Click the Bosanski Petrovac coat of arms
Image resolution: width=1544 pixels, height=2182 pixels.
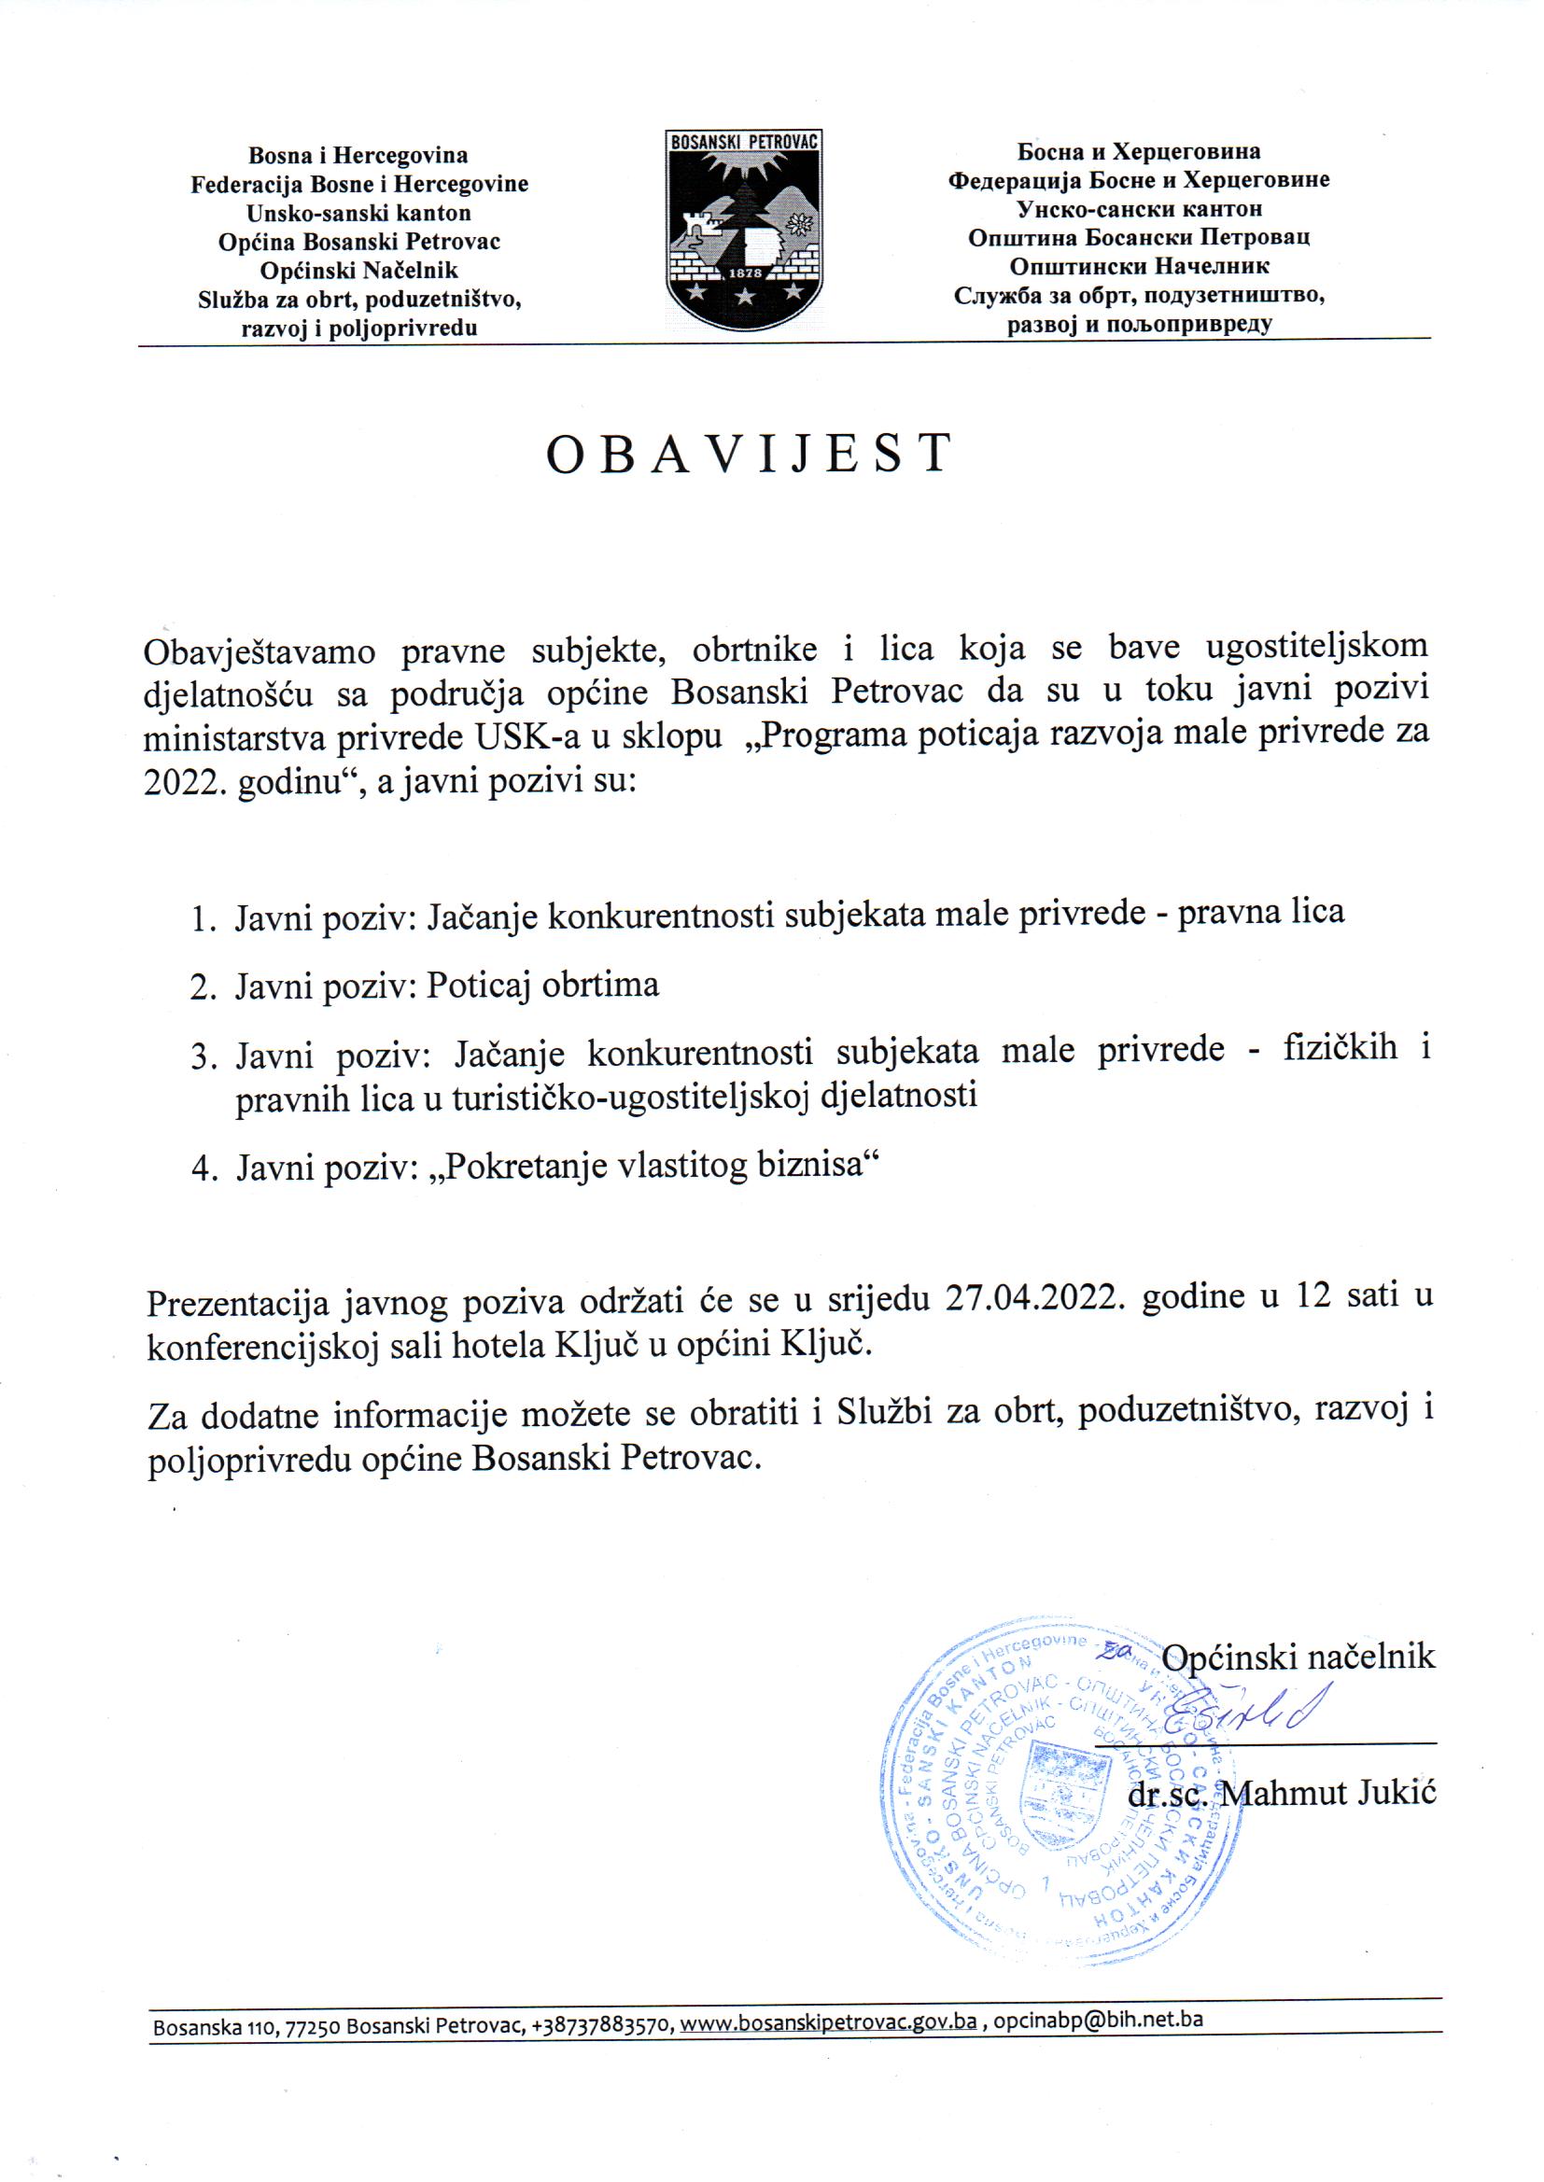coord(744,230)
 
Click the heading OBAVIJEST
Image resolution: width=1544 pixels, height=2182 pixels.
coord(749,454)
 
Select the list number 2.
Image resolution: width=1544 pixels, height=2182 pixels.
coord(203,986)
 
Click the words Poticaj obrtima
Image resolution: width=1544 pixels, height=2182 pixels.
coord(542,985)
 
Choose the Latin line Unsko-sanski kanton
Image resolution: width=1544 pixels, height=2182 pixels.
coord(358,213)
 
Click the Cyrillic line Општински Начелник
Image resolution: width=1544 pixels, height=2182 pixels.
coord(1139,266)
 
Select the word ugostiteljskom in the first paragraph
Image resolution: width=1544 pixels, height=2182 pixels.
coord(1316,646)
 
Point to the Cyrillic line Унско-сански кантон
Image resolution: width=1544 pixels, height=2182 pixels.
coord(1139,208)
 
